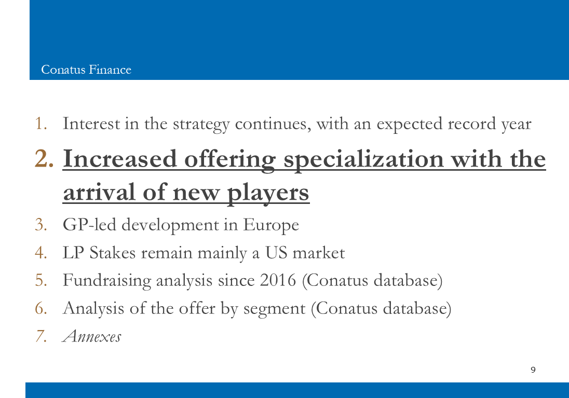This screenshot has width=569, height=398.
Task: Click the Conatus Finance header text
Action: (86, 70)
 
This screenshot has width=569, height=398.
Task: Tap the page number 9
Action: (533, 369)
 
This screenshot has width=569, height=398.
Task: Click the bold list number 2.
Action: (44, 159)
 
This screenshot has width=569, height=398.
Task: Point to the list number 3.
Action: (41, 224)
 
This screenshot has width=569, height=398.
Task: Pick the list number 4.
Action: (41, 253)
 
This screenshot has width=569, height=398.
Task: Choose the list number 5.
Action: (41, 280)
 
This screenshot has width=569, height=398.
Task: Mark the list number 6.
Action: (41, 308)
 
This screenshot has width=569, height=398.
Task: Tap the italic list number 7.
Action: (41, 336)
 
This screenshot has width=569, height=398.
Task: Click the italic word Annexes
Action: (92, 336)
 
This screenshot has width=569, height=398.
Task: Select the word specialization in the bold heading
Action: (363, 160)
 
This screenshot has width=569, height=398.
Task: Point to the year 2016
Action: (278, 280)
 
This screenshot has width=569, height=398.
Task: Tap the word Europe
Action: (270, 225)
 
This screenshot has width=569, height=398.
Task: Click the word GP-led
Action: (89, 224)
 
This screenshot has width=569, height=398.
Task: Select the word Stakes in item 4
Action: (113, 253)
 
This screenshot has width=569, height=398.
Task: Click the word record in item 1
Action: (472, 123)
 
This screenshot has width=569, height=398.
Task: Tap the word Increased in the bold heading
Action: (120, 159)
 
